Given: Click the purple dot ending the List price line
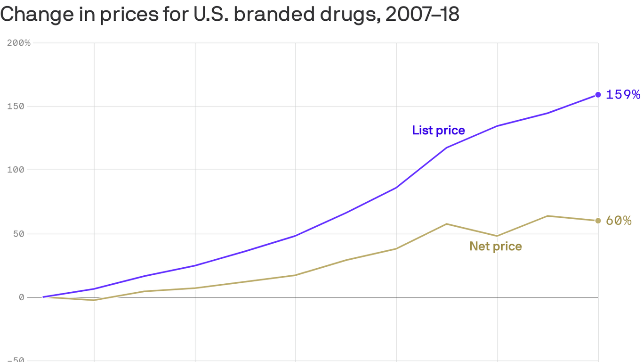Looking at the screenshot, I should (598, 95).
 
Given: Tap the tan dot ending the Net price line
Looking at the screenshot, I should (598, 221).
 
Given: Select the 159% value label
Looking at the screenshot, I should (623, 95).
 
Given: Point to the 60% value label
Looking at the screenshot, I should (619, 221).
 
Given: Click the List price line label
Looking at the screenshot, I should (438, 130).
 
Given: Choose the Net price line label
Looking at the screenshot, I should (496, 246).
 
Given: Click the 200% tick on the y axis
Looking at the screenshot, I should (19, 43).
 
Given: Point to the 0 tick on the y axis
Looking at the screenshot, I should (22, 297).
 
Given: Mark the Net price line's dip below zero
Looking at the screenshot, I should (94, 300).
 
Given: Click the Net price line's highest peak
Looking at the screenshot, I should (547, 216).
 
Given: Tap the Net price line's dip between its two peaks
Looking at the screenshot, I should (497, 236).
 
